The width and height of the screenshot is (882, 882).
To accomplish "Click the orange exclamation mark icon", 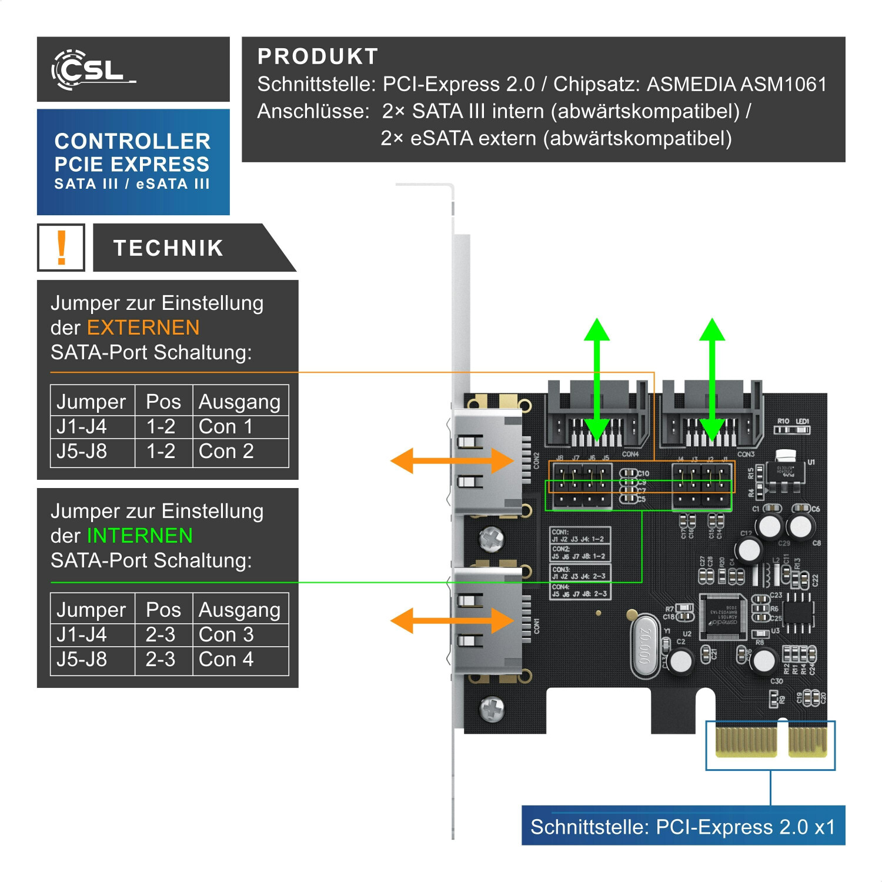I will tap(61, 248).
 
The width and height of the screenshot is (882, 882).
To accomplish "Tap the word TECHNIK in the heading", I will tap(168, 248).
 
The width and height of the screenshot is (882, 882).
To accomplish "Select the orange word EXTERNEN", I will tap(143, 328).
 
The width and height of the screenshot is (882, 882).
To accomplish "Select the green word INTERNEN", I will tap(139, 536).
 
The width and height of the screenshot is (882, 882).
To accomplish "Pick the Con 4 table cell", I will tap(226, 659).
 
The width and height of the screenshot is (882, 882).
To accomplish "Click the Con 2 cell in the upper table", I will tap(226, 451).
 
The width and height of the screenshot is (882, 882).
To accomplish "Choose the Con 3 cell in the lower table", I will tap(226, 634).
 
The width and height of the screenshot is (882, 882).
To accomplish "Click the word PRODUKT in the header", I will tap(318, 56).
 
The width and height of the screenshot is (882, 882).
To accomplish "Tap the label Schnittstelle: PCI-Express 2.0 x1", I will tap(683, 827).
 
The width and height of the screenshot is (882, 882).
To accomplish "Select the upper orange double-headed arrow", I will tap(452, 460).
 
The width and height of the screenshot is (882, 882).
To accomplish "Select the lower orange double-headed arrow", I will tap(452, 620).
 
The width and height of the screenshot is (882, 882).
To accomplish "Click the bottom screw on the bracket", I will tap(492, 709).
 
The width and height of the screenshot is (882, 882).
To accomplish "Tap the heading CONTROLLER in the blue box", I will tap(132, 141).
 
